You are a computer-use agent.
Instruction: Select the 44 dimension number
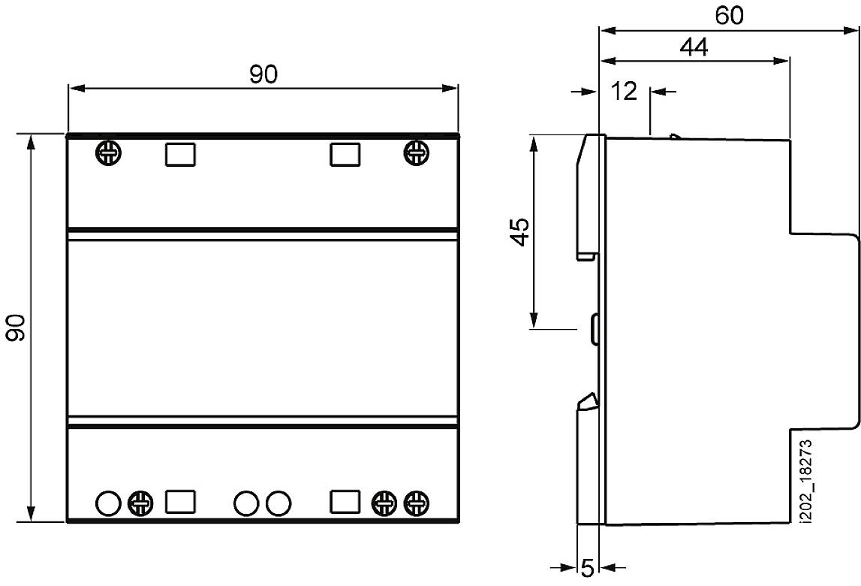[694, 47]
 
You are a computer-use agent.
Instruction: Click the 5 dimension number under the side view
[588, 568]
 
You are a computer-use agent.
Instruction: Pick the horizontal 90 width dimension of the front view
[263, 74]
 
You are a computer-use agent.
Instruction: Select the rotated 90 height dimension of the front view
[16, 328]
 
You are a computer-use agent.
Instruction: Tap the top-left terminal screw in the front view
[108, 153]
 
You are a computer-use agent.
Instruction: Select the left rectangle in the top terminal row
[179, 154]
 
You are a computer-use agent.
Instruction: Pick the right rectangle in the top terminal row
[345, 154]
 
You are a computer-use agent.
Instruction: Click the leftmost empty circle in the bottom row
[107, 503]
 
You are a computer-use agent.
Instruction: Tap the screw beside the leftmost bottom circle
[140, 503]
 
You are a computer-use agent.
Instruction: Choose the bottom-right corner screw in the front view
[416, 503]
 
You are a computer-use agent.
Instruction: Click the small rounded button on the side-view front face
[595, 328]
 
